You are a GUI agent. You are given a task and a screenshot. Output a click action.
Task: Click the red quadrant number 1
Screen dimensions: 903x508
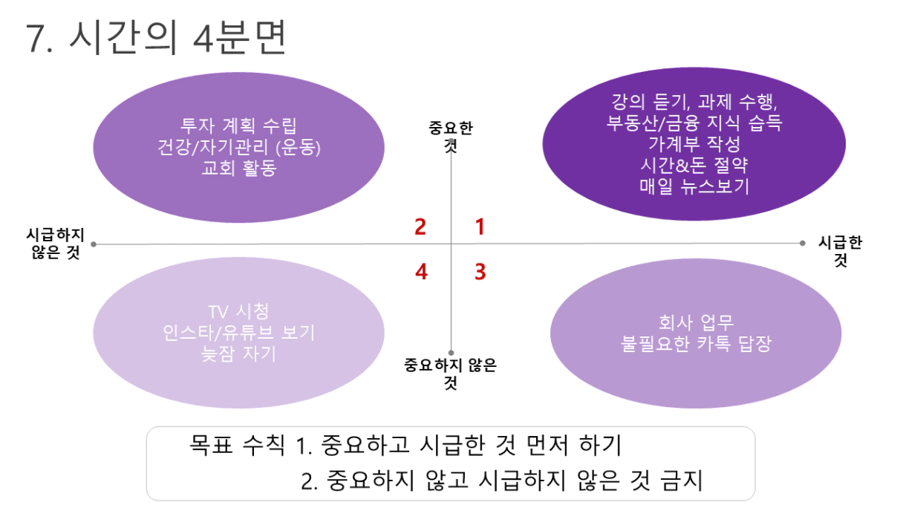point(480,227)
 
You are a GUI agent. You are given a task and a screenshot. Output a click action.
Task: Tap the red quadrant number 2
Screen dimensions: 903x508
point(420,227)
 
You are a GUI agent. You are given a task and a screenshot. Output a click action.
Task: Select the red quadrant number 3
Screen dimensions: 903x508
point(480,271)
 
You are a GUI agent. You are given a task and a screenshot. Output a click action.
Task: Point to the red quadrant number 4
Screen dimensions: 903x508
point(421,271)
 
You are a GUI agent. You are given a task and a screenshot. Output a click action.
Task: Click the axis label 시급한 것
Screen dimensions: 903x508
point(840,251)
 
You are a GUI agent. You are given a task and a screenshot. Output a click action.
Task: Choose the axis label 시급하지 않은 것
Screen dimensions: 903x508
point(55,244)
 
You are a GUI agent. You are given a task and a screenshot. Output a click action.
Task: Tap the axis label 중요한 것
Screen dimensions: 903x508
point(450,137)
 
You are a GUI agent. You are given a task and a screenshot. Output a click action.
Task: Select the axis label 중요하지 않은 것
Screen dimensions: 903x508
point(450,374)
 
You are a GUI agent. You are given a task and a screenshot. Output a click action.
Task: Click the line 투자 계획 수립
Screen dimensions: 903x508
point(238,126)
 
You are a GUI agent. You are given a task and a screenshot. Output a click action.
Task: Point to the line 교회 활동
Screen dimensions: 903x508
point(238,168)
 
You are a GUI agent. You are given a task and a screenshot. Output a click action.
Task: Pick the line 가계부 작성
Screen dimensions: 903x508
point(694,144)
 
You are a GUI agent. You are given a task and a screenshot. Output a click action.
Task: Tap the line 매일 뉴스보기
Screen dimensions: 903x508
point(694,186)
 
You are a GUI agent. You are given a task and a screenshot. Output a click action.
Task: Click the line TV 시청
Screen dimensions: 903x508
point(238,311)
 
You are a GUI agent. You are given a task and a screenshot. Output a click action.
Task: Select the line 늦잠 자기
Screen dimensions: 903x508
point(238,354)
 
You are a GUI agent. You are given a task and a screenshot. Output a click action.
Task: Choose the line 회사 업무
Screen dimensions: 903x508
point(696,322)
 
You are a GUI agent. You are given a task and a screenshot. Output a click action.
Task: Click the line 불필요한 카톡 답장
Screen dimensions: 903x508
point(696,344)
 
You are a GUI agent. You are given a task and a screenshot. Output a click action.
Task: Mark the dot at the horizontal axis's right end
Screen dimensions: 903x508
point(802,243)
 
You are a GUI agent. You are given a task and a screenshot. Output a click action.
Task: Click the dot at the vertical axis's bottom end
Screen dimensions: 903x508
point(451,353)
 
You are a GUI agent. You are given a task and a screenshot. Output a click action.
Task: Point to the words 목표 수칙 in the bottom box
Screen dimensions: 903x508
point(237,445)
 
